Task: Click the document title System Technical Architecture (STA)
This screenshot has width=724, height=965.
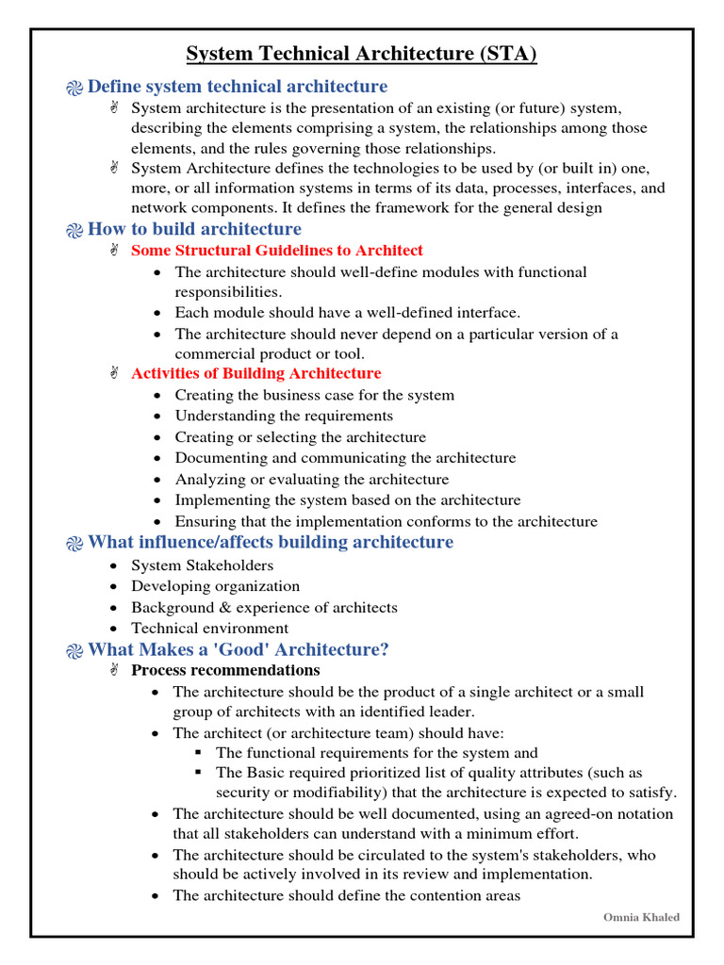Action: click(x=361, y=54)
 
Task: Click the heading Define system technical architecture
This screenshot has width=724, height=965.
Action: click(x=237, y=87)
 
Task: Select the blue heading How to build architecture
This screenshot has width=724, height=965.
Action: click(x=194, y=229)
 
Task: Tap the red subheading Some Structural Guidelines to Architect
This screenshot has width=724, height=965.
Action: click(x=277, y=251)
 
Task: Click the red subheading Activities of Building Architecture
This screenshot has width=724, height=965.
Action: click(x=255, y=374)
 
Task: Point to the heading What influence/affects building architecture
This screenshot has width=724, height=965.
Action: click(x=271, y=542)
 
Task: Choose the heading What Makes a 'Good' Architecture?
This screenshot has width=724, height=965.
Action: click(x=239, y=649)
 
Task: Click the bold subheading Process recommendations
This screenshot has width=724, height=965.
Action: click(x=225, y=671)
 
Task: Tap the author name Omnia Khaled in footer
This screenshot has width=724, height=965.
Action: click(x=641, y=918)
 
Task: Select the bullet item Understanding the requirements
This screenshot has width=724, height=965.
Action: click(x=284, y=416)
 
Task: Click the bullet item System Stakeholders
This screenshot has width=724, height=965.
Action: click(x=202, y=565)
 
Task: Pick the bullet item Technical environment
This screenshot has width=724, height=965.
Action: click(x=209, y=629)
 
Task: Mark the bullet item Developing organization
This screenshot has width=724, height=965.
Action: click(x=215, y=586)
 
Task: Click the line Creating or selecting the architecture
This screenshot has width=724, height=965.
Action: click(x=300, y=437)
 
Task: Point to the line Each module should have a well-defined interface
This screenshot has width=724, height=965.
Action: click(x=347, y=312)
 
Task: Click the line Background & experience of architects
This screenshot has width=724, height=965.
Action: click(x=264, y=608)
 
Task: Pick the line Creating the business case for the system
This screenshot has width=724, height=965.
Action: click(x=314, y=395)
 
